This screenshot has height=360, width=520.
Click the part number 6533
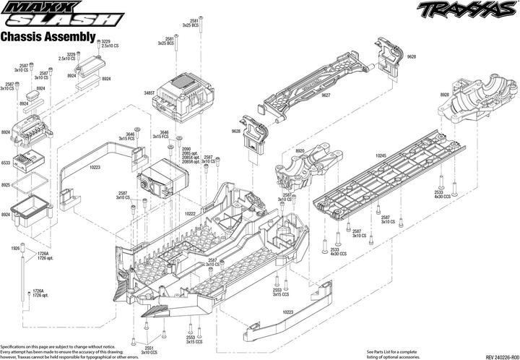[6, 163]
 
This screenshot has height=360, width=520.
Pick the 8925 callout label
[6, 185]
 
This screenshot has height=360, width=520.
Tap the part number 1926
[14, 248]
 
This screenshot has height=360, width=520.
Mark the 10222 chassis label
[191, 214]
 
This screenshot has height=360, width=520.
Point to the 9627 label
[326, 95]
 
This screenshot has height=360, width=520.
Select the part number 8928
[445, 94]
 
